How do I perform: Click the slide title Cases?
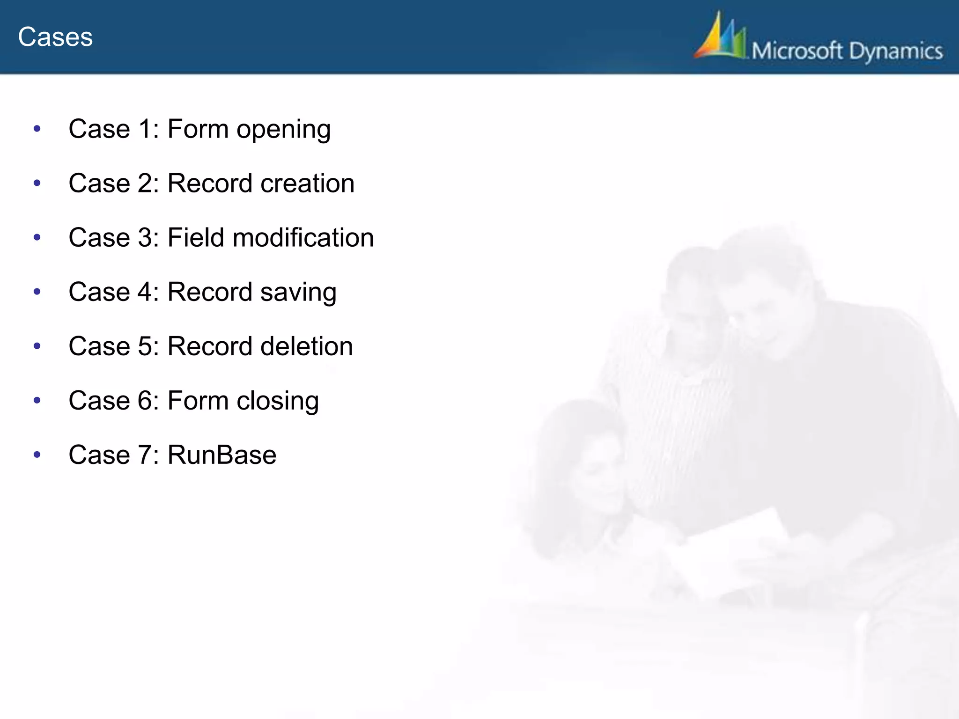55,37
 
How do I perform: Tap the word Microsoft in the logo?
797,51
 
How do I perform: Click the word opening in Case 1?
283,130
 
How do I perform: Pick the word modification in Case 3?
303,237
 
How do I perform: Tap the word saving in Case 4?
298,293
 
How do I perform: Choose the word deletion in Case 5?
306,346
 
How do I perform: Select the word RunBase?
222,455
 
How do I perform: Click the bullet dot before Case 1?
37,129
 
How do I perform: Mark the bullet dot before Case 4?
37,292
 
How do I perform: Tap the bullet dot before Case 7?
37,455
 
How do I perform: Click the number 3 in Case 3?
145,238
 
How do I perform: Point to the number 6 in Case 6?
145,401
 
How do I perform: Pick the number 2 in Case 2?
145,183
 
